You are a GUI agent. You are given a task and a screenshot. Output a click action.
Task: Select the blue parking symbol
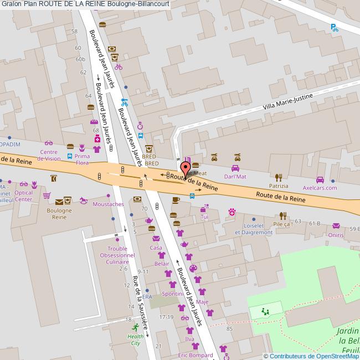(x=334, y=27)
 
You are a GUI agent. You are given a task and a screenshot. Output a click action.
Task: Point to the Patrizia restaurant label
(x=279, y=187)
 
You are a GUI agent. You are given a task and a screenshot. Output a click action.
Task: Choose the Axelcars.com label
(x=320, y=188)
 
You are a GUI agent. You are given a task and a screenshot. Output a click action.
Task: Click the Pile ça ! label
(x=282, y=224)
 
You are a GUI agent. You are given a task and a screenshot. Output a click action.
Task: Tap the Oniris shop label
(x=336, y=234)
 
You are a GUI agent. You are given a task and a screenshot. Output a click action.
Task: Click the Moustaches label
(x=109, y=204)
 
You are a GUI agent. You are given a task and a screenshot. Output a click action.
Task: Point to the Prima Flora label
(x=82, y=160)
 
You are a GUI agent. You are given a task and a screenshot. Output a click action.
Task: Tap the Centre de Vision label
(x=49, y=155)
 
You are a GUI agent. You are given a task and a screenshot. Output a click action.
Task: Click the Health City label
(x=135, y=339)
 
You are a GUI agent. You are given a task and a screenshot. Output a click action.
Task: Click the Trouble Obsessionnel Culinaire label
(x=114, y=256)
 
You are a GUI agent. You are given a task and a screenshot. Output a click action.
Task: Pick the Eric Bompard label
(x=195, y=355)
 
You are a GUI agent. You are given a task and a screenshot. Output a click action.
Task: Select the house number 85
(x=229, y=330)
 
